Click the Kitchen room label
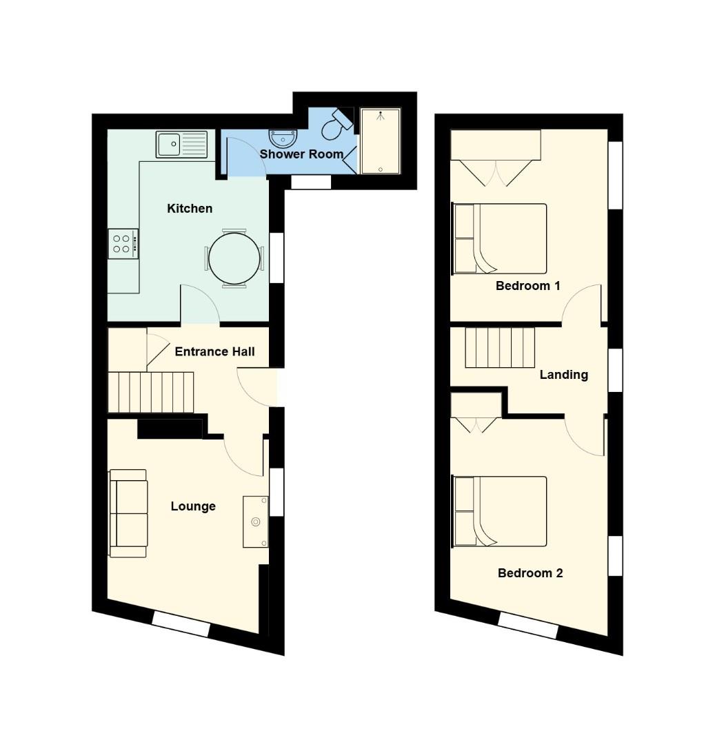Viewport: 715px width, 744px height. click(190, 209)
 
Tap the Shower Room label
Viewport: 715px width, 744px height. click(301, 154)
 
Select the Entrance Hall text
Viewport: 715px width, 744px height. click(214, 351)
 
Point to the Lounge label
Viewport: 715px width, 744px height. click(193, 507)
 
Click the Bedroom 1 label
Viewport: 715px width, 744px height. click(528, 286)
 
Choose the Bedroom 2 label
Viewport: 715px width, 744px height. click(530, 573)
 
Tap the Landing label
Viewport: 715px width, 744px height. click(564, 375)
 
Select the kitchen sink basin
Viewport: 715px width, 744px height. click(168, 144)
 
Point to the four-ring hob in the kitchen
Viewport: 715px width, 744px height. click(123, 244)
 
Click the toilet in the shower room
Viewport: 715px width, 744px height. click(336, 125)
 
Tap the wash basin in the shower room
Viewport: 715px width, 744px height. click(283, 138)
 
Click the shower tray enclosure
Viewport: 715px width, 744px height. click(381, 141)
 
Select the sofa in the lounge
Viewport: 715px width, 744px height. click(128, 513)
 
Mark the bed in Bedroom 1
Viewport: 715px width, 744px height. click(500, 238)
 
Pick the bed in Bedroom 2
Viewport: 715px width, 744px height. click(500, 511)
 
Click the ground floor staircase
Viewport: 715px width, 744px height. click(151, 393)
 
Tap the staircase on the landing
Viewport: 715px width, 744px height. click(500, 348)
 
